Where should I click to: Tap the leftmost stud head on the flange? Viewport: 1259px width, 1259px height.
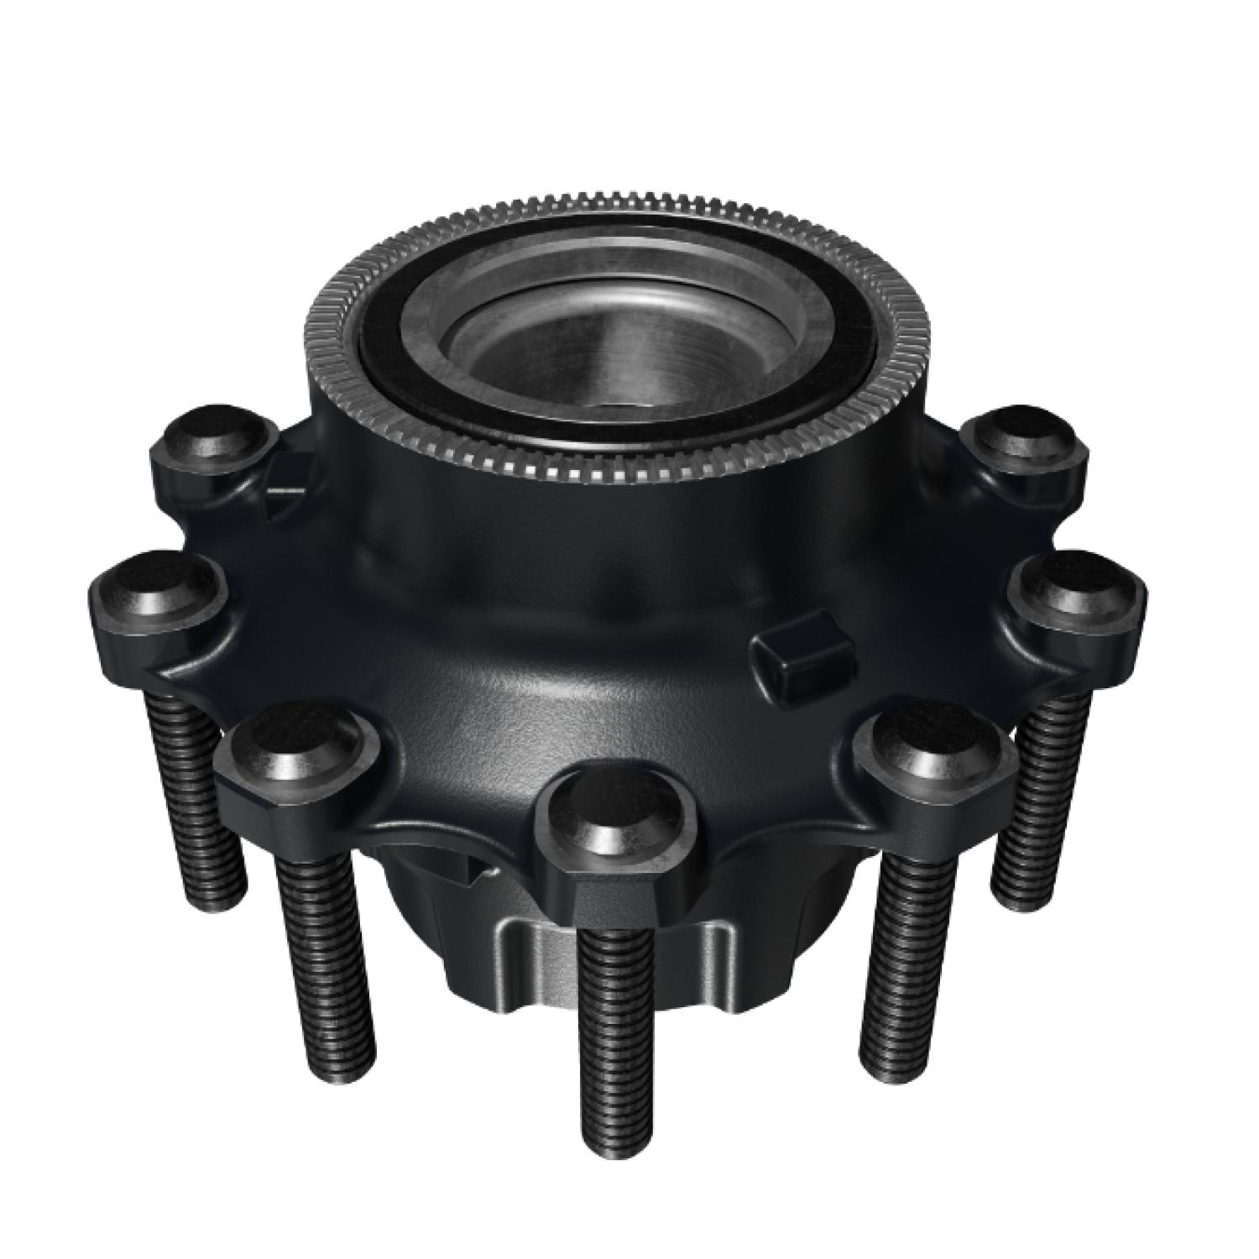tap(159, 593)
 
